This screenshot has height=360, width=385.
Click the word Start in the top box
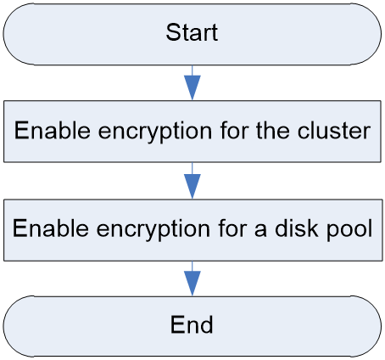pyautogui.click(x=192, y=32)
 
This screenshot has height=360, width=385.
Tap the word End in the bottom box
pyautogui.click(x=192, y=324)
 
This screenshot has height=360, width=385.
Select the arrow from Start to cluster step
pyautogui.click(x=192, y=82)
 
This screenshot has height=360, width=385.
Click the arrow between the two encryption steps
pyautogui.click(x=192, y=181)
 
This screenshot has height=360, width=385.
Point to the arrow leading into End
pyautogui.click(x=192, y=278)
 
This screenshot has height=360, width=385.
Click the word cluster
pyautogui.click(x=334, y=131)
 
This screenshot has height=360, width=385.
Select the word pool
pyautogui.click(x=349, y=228)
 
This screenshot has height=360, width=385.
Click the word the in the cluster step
pyautogui.click(x=273, y=131)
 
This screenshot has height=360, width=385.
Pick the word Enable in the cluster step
pyautogui.click(x=53, y=130)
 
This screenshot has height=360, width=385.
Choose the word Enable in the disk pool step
pyautogui.click(x=51, y=228)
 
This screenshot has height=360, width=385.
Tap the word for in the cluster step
pyautogui.click(x=234, y=131)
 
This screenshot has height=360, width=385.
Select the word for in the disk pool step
pyautogui.click(x=232, y=228)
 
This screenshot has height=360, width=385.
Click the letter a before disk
pyautogui.click(x=260, y=231)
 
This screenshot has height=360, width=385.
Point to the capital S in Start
pyautogui.click(x=173, y=32)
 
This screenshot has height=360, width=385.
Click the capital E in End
pyautogui.click(x=177, y=324)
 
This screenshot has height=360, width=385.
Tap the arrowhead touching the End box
pyautogui.click(x=192, y=284)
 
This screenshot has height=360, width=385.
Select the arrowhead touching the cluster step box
pyautogui.click(x=192, y=87)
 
